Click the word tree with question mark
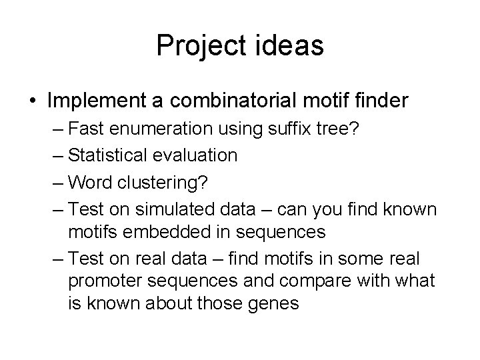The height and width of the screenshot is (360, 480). coord(339,128)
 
